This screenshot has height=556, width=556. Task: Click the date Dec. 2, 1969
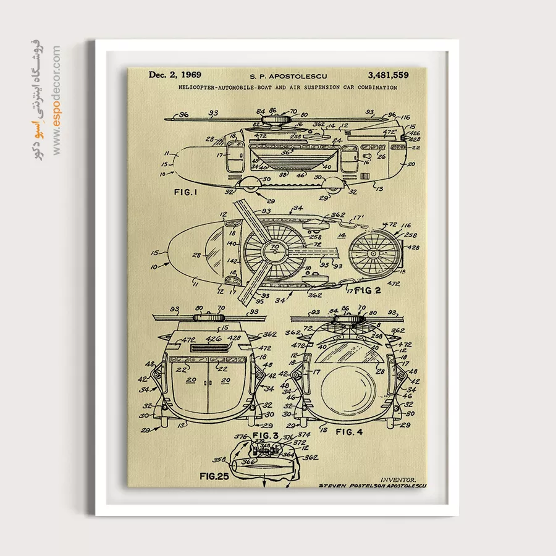point(175,75)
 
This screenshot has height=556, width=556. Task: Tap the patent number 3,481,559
point(387,75)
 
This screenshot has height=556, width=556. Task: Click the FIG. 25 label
point(214,476)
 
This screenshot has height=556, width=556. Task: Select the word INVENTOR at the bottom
point(398,479)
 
